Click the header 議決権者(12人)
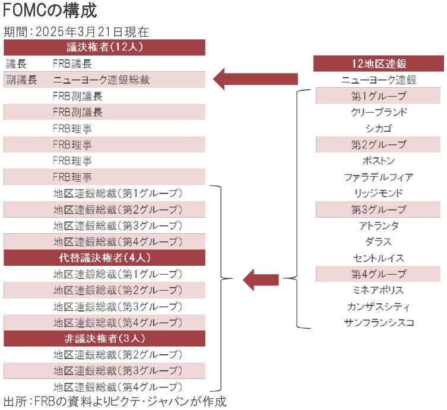104,47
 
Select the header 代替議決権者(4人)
104,258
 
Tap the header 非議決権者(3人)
104,339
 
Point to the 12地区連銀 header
379,63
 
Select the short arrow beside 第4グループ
261,279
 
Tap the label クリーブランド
379,112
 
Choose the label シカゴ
379,128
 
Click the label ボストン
379,161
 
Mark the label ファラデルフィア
379,177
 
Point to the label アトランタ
379,225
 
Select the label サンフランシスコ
379,323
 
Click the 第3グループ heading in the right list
379,209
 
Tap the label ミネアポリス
379,290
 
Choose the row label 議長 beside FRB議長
16,63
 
